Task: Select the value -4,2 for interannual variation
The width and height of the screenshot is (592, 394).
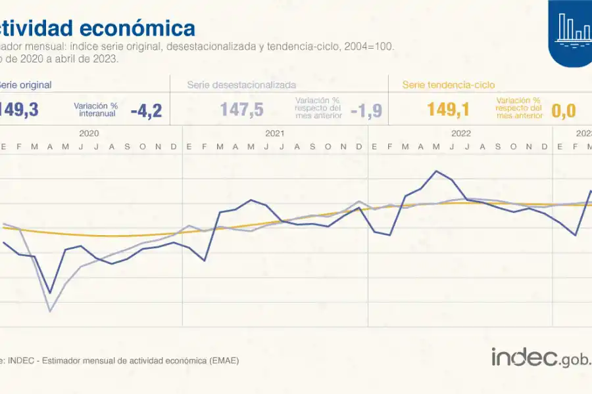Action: (146, 110)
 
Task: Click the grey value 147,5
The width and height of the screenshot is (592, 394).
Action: (241, 110)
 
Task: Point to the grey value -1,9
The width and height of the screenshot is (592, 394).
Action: (366, 110)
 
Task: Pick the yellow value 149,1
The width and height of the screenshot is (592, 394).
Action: (449, 110)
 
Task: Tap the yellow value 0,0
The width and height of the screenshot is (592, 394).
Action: (564, 110)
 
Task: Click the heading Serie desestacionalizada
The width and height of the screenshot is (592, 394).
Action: (241, 85)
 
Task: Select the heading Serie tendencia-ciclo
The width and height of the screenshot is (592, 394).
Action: (448, 85)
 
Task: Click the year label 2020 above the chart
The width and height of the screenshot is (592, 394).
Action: (89, 133)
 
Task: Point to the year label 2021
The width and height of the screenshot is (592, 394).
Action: (275, 133)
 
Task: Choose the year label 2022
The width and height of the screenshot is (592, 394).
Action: (461, 133)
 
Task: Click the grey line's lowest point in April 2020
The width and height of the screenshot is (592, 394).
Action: (50, 311)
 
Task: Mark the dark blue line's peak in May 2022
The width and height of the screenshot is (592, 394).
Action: (436, 171)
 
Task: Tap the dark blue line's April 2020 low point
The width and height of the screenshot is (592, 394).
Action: (50, 293)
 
